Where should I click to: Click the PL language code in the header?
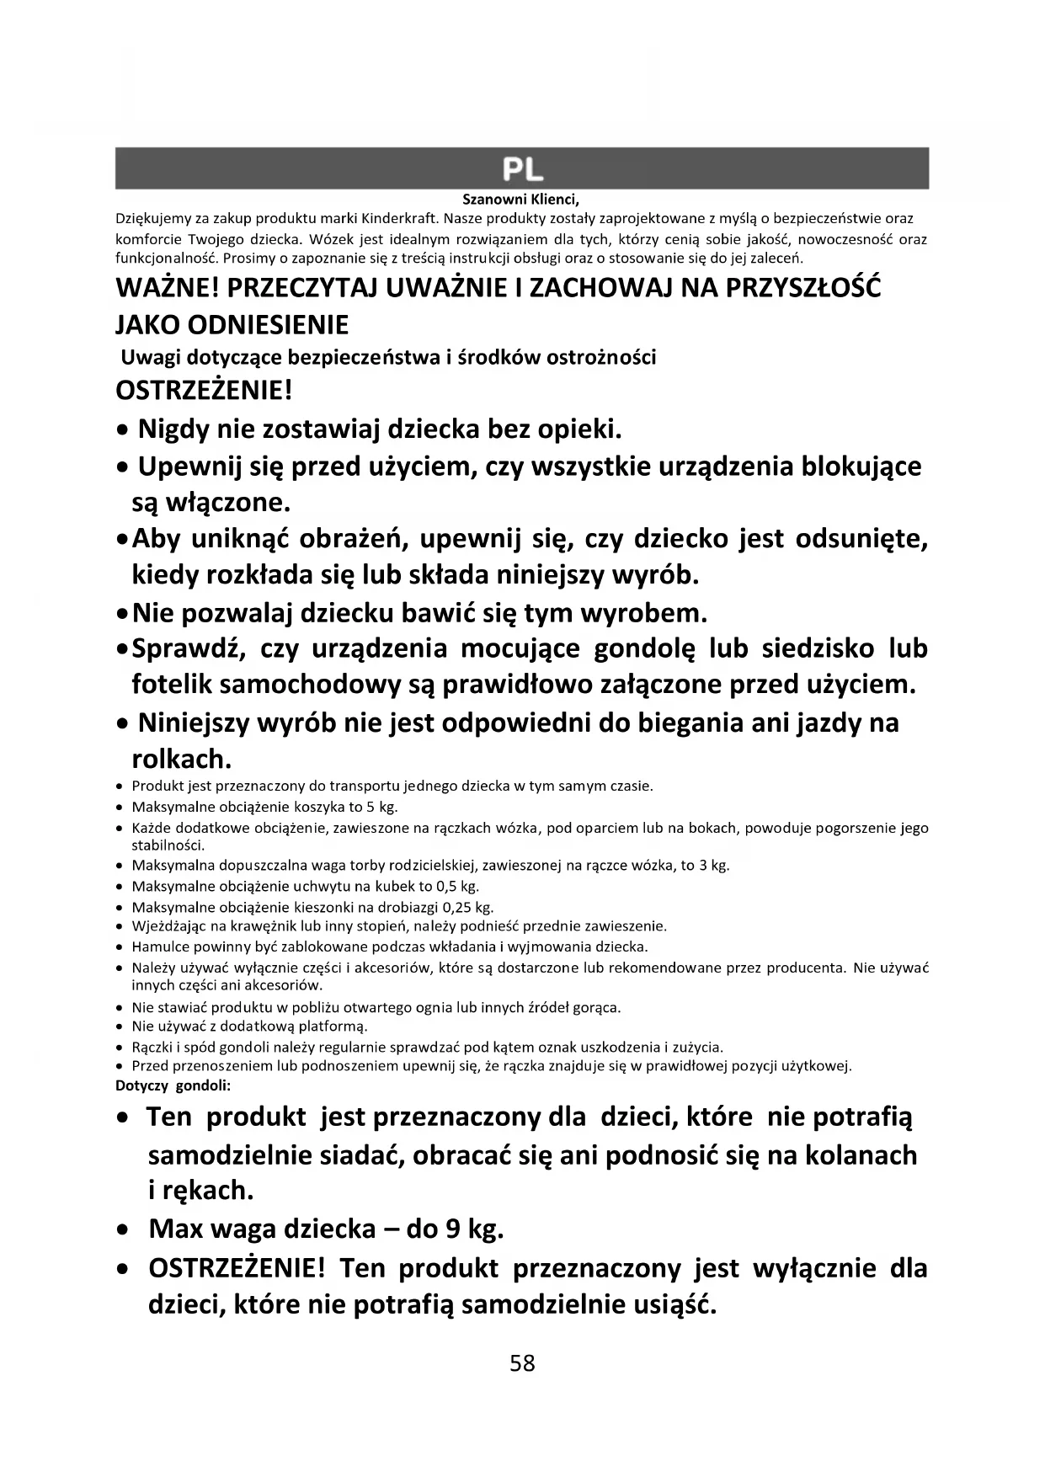pos(522,169)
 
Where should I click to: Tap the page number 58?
pos(522,1363)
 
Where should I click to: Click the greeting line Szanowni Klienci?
pos(521,200)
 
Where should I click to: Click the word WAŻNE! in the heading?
pos(168,288)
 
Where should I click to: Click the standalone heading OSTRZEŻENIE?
pos(204,392)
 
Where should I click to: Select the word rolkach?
pos(181,759)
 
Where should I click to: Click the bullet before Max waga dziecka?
pos(124,1230)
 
